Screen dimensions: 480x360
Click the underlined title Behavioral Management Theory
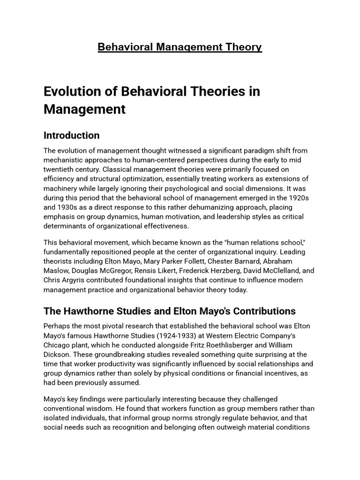point(180,47)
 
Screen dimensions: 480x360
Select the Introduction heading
point(71,135)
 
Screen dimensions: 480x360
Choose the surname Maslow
point(59,270)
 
